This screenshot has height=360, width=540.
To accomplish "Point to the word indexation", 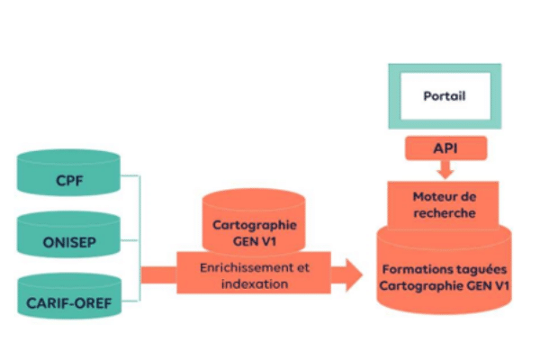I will click(256, 283).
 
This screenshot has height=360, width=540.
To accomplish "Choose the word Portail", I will click(445, 95).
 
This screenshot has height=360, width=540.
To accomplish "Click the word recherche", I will click(445, 213).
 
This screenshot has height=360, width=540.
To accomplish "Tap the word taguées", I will click(479, 269).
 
